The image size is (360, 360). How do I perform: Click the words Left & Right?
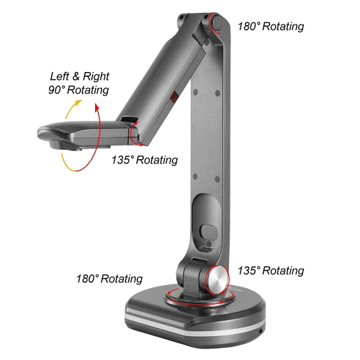(x=79, y=76)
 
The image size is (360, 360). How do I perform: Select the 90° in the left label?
(x=57, y=90)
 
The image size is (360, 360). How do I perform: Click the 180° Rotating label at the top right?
(x=271, y=27)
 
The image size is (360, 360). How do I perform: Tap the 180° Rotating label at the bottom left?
(x=109, y=279)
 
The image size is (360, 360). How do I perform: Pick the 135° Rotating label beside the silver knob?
(x=271, y=271)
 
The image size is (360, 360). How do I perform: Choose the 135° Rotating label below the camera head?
(x=145, y=160)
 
